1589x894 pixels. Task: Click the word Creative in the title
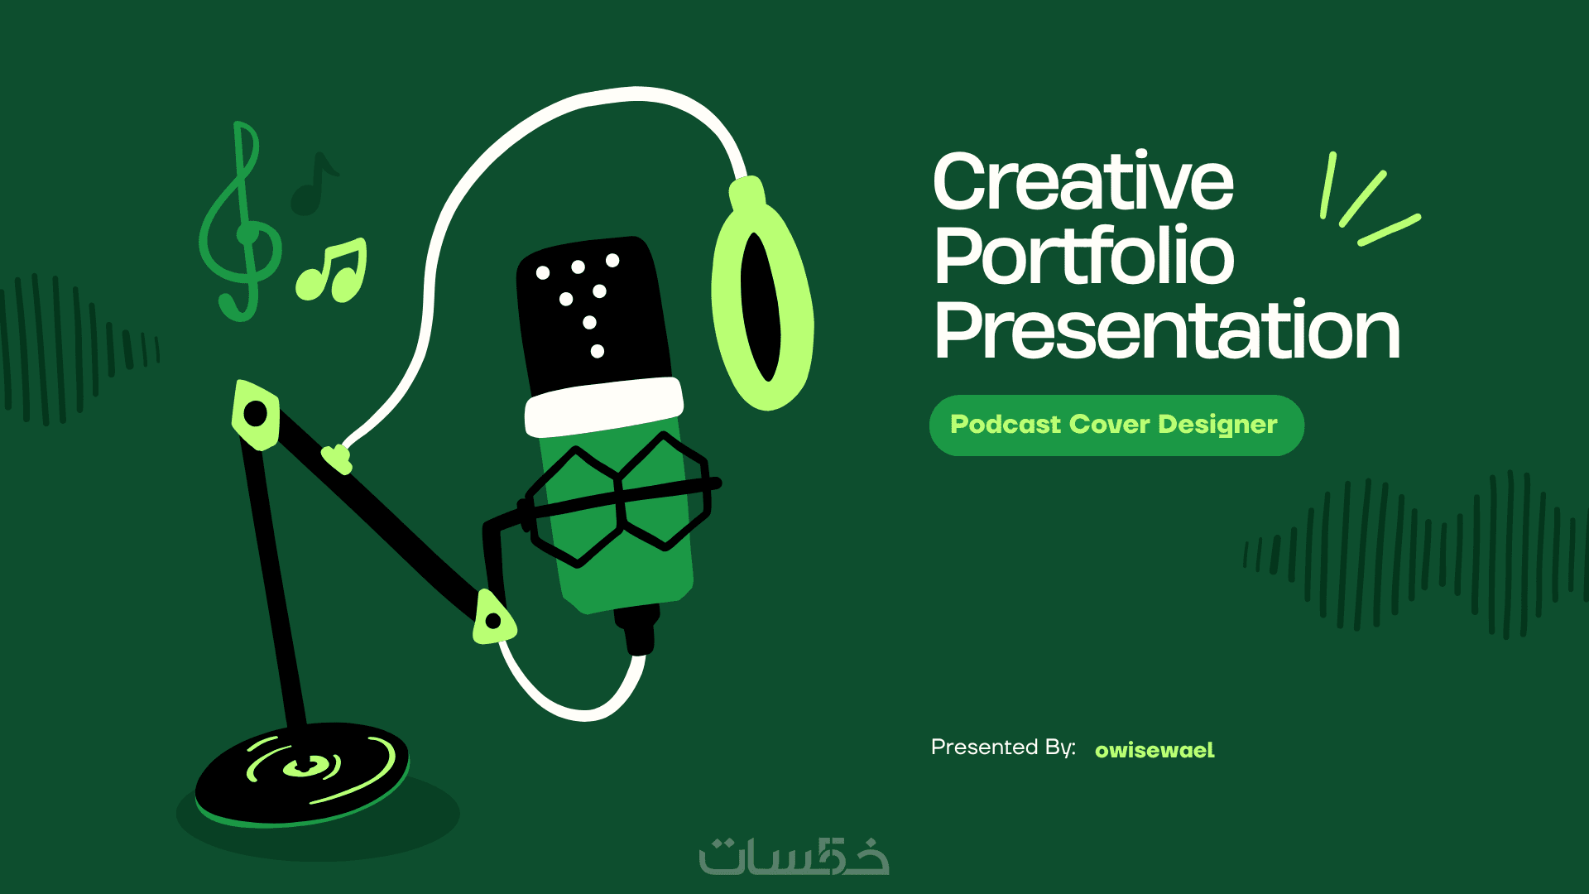pos(1083,182)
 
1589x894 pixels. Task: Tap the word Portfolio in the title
pos(1084,255)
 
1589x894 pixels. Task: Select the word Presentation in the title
pos(1167,330)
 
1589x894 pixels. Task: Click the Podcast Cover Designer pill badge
pos(1116,425)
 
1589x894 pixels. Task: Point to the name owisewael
pos(1155,750)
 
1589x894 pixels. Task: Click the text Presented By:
pos(1003,747)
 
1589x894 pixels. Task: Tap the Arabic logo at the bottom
pos(794,856)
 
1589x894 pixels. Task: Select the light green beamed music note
pos(332,271)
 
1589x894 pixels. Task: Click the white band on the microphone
pos(603,406)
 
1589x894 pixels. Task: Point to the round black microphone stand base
pos(302,775)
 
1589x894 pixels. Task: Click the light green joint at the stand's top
pos(256,415)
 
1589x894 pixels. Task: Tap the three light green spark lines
pos(1366,199)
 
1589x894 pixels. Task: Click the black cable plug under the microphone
pos(638,630)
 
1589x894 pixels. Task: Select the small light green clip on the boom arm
pos(338,459)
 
